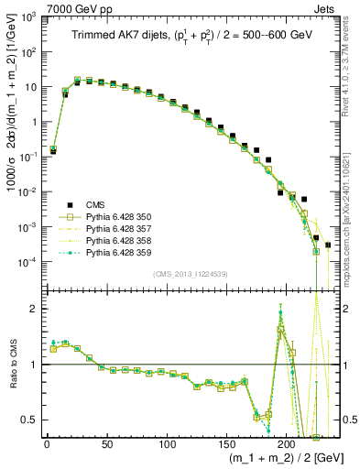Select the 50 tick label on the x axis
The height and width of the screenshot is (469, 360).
(106, 444)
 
